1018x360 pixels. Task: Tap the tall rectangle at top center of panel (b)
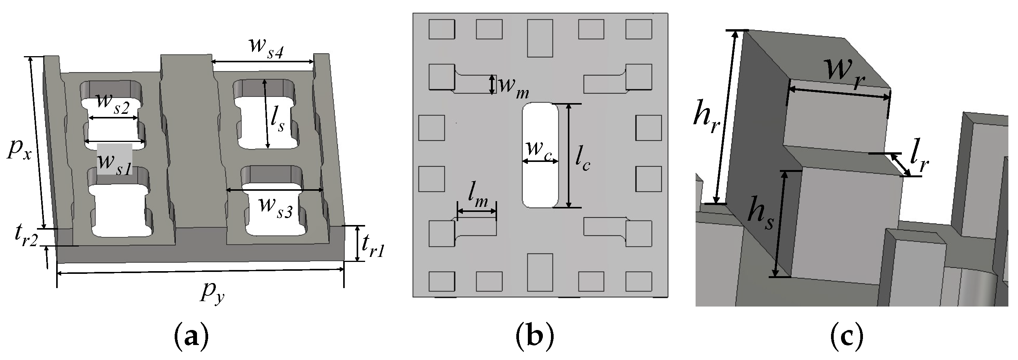click(540, 38)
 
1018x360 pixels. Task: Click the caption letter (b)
click(535, 339)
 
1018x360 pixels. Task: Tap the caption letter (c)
click(846, 339)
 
